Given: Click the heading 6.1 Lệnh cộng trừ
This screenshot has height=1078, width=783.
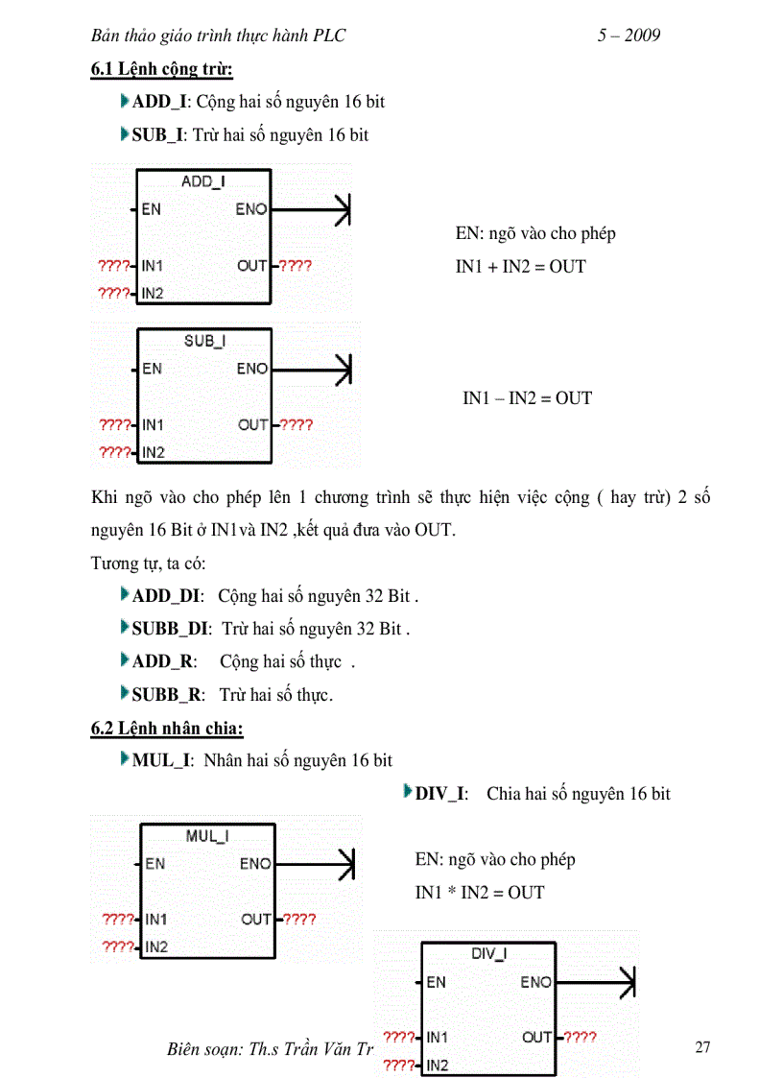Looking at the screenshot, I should click(x=161, y=69).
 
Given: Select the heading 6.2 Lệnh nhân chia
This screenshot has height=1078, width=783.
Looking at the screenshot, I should click(x=167, y=729).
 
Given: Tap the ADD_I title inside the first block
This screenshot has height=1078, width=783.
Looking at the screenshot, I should click(x=202, y=181).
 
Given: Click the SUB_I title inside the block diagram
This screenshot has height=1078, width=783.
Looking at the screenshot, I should click(x=204, y=341).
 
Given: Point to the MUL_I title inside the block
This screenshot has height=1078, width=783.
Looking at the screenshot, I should click(x=207, y=836).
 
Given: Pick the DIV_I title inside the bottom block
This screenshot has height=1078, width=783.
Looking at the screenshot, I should click(x=489, y=953).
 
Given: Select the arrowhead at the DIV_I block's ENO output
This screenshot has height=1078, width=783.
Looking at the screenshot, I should click(x=628, y=982).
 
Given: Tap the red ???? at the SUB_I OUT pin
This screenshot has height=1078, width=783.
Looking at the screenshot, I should click(x=296, y=424).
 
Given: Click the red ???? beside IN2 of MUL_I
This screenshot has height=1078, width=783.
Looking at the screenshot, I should click(x=118, y=946).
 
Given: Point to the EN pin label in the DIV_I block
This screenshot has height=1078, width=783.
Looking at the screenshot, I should click(x=436, y=982).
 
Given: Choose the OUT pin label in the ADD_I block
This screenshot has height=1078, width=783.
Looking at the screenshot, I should click(x=251, y=266).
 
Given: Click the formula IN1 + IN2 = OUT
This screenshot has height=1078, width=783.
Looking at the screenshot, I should click(x=520, y=267).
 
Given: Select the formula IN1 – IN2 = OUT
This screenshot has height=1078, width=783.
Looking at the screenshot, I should click(x=527, y=397).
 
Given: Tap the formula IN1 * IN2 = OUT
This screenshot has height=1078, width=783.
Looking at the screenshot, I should click(x=479, y=893).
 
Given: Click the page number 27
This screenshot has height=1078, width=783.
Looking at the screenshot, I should click(x=702, y=1047).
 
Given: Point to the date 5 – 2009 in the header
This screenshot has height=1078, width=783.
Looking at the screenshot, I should click(x=629, y=36).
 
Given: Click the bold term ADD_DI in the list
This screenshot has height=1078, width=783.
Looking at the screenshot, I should click(x=166, y=596).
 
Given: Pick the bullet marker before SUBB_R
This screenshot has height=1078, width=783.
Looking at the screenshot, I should click(x=125, y=692).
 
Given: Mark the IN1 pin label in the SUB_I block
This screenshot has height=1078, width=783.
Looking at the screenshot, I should click(x=153, y=424).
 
